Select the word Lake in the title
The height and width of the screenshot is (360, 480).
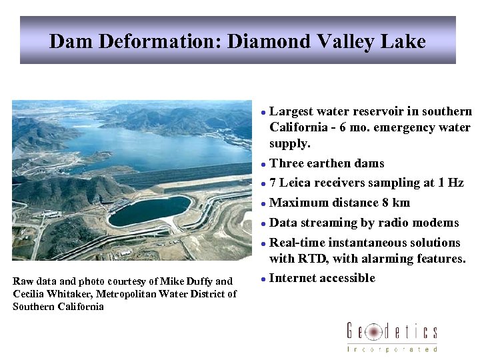coord(401,41)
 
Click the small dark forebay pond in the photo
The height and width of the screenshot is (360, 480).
coord(149,211)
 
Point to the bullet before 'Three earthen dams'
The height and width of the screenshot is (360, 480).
coord(264,164)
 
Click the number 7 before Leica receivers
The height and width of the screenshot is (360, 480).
coord(273,183)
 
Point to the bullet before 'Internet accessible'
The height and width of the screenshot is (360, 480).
coord(264,279)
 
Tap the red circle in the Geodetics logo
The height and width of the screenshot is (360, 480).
coord(374,331)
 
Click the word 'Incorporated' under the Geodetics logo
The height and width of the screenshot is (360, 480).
coord(392,349)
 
